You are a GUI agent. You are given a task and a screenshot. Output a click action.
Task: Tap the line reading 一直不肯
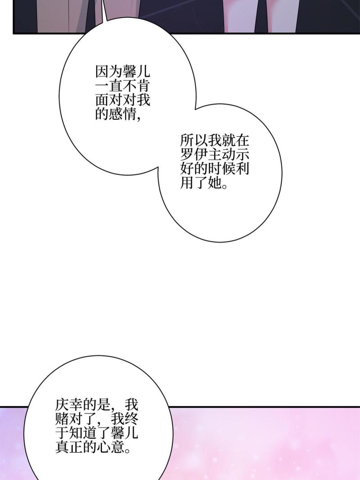coord(122,87)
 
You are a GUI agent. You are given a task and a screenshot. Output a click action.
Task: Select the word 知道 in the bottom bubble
coord(83,433)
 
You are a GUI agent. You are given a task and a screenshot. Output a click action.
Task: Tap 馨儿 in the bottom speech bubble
coord(125,433)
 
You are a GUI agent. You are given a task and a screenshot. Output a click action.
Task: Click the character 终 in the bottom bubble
coord(131,419)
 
